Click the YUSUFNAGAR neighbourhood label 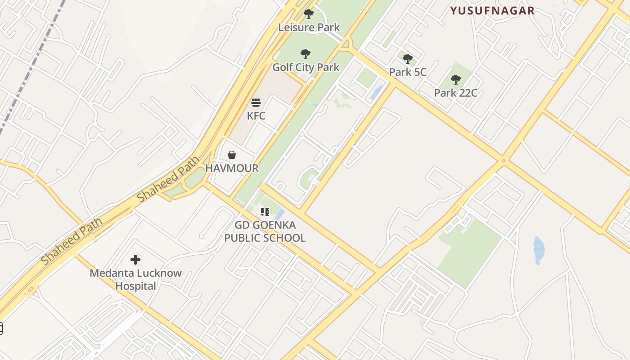click(x=492, y=11)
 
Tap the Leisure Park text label click(x=309, y=27)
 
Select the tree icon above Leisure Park click(x=308, y=14)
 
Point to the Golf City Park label click(x=306, y=67)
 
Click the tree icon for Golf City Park click(x=306, y=54)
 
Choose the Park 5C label click(x=407, y=72)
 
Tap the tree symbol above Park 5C click(x=407, y=59)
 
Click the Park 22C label click(x=455, y=93)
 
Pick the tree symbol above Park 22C click(x=455, y=80)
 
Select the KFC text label click(x=256, y=116)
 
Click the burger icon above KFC click(x=256, y=103)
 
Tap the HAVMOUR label click(x=232, y=168)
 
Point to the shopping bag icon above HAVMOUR click(x=232, y=155)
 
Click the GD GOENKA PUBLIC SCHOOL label click(x=265, y=231)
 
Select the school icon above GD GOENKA click(x=265, y=211)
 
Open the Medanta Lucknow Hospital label click(x=135, y=279)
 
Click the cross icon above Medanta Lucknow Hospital click(x=135, y=260)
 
